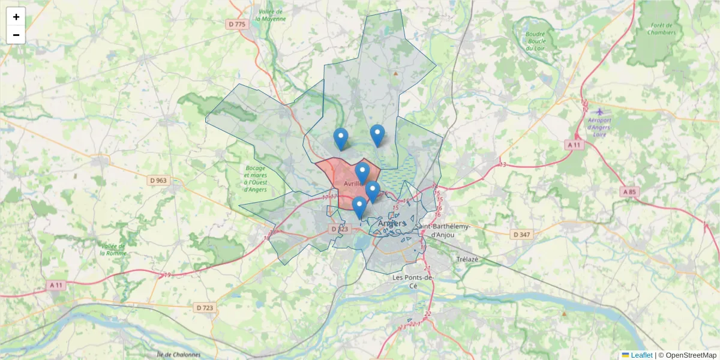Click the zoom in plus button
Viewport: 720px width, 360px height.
tap(16, 17)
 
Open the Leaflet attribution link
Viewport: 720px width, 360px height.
tap(641, 355)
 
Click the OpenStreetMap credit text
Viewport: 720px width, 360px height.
tap(687, 355)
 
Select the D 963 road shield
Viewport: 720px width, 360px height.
tap(158, 180)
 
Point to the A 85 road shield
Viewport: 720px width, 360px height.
tap(629, 192)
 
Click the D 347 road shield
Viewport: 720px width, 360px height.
tap(521, 234)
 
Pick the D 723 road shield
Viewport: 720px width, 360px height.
tap(205, 308)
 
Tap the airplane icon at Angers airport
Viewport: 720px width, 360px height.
tap(599, 112)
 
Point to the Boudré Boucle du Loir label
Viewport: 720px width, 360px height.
tap(535, 41)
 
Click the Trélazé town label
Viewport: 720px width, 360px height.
tap(469, 259)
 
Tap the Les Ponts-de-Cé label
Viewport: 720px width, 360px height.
tap(412, 281)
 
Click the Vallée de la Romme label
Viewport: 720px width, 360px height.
tap(112, 249)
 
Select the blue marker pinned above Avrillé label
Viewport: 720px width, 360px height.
tap(362, 173)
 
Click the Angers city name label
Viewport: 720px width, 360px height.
tap(392, 224)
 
